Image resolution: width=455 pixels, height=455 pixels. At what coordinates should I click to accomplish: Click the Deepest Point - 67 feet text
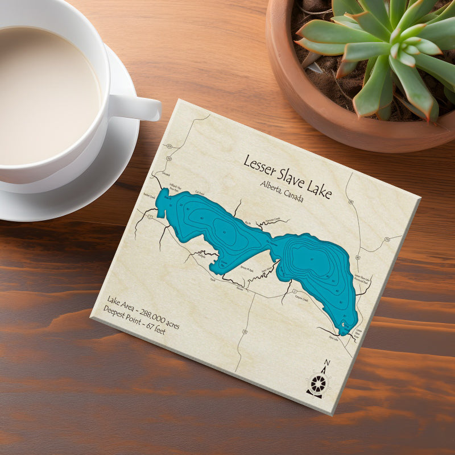point(134,320)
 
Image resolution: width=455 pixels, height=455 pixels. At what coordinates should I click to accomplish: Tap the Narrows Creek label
point(270,220)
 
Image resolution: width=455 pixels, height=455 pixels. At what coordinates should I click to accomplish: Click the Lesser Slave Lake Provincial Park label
point(362,280)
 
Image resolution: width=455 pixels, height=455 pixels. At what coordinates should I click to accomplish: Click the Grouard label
point(166,173)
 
